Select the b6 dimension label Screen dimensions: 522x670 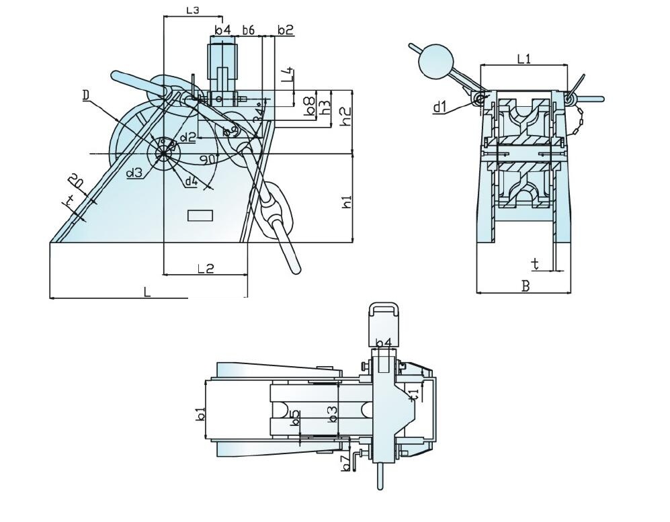(x=248, y=30)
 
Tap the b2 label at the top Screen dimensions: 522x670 (x=285, y=30)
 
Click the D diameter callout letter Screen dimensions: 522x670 (x=86, y=96)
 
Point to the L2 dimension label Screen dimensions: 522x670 (x=206, y=268)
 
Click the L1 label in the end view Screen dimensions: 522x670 (x=524, y=59)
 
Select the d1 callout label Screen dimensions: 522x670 (x=440, y=107)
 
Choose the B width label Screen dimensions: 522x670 (x=526, y=286)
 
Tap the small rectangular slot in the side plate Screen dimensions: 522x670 (x=200, y=216)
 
